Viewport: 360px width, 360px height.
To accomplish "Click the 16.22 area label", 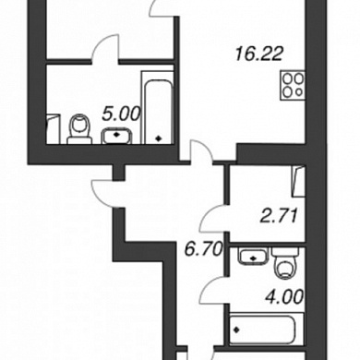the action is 258,54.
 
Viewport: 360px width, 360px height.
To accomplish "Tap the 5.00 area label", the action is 121,114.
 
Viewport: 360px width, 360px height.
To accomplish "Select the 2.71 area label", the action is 279,215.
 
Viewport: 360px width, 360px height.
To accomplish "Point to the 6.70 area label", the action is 203,249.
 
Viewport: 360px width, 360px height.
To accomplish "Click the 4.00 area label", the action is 284,297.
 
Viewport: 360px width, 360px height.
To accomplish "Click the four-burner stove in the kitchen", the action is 293,85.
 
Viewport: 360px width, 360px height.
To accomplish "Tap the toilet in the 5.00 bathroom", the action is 79,129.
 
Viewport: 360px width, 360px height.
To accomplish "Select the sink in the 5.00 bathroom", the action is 116,136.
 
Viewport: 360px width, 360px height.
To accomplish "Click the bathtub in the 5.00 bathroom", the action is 157,107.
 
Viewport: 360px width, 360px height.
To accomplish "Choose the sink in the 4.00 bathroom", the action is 254,257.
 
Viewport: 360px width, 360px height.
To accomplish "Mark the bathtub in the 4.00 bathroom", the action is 267,329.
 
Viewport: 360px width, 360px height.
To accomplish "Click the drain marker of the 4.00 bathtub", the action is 236,330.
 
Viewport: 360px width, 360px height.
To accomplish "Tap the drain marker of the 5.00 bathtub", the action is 159,138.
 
